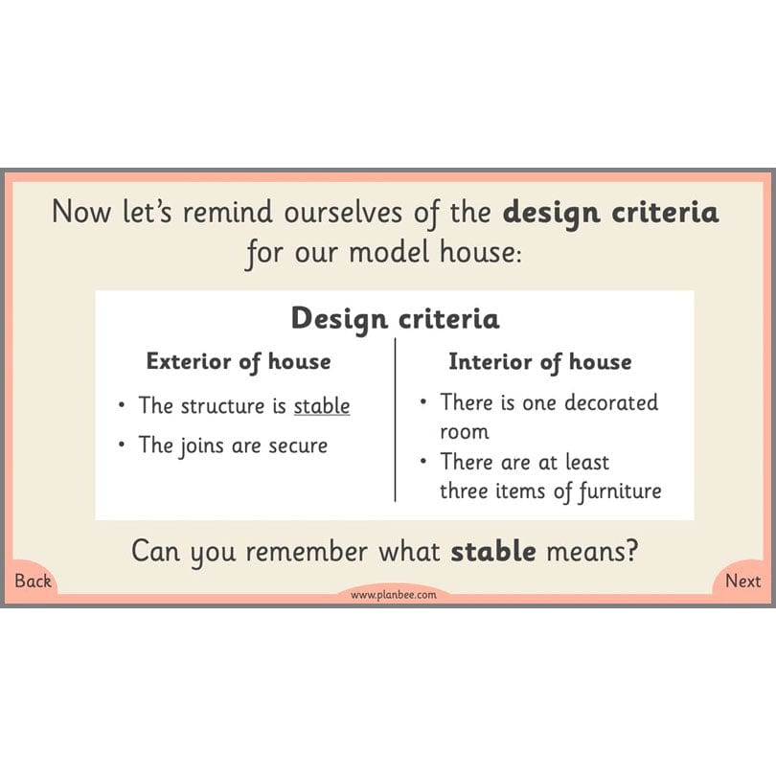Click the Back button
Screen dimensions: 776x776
[33, 581]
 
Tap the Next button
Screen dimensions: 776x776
[742, 581]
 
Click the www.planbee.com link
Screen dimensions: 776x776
[393, 595]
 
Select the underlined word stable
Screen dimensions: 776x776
[321, 405]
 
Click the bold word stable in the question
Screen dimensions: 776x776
[493, 552]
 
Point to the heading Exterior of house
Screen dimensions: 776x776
[239, 361]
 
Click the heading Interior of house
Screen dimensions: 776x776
[540, 361]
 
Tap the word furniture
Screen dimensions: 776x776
[613, 491]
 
